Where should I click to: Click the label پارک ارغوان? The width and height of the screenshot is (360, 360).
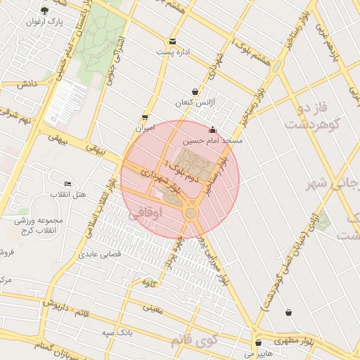[44, 22]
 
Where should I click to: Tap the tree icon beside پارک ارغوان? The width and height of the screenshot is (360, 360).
[45, 11]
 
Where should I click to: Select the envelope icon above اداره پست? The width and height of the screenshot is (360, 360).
[172, 41]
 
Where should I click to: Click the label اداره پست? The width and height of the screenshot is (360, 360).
[173, 52]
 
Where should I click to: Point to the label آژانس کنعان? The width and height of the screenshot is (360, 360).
[195, 103]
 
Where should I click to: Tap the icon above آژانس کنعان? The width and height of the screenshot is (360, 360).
[195, 92]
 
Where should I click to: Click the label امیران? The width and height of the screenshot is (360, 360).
[144, 129]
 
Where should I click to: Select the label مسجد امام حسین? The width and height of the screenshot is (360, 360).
[212, 141]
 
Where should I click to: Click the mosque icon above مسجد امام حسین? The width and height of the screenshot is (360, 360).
[212, 130]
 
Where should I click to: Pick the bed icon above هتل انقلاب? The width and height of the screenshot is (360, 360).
[67, 183]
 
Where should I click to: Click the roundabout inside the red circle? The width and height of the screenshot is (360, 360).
[190, 212]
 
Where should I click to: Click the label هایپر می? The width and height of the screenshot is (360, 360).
[258, 354]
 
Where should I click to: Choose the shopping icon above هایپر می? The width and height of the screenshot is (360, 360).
[259, 343]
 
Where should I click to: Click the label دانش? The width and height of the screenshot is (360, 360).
[27, 84]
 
